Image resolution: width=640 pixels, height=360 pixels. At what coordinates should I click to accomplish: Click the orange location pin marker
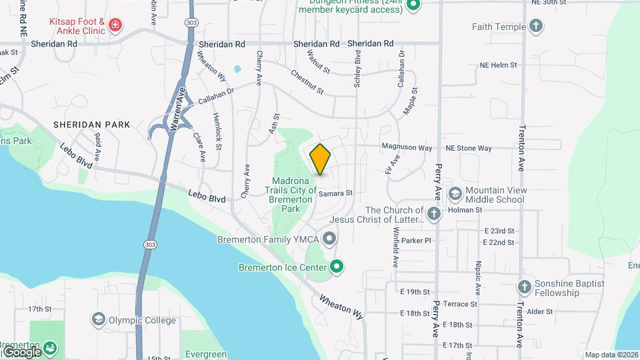point(320,159)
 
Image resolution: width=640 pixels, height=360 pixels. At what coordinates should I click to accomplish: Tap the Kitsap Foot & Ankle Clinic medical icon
point(115,25)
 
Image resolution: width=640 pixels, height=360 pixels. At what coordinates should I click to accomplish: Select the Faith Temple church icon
point(535,27)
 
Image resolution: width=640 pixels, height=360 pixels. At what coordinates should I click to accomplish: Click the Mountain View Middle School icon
point(455,194)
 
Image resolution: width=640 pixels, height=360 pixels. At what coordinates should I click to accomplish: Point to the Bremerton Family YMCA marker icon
point(329,238)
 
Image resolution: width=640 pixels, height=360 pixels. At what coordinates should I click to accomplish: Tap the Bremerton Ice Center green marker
point(337,267)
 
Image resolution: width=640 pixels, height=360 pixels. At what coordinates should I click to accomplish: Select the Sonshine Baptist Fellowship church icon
point(525,287)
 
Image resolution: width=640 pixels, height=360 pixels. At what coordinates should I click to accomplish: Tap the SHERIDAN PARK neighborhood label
point(91,125)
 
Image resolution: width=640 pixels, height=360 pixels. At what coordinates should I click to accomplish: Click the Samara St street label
point(335,193)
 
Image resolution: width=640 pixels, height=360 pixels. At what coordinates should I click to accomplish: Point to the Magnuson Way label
point(407,147)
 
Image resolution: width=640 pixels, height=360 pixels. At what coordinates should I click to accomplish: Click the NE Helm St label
point(499,65)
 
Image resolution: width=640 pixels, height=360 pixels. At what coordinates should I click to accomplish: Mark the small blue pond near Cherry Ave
point(236,69)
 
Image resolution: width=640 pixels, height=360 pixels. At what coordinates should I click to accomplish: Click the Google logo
point(22,351)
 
